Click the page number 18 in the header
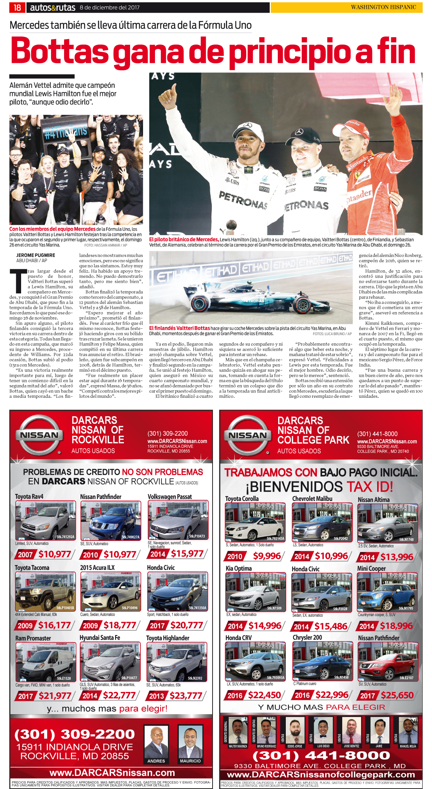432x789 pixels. pos(17,7)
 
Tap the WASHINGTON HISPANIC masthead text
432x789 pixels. pos(383,7)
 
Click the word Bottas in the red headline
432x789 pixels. pos(60,51)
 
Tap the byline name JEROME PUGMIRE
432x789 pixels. pos(36,255)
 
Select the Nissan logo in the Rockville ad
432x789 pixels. pos(39,435)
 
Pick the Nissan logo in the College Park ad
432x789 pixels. pos(247,435)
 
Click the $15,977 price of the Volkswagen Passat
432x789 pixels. pos(187,553)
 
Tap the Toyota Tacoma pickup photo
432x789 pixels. pos(45,591)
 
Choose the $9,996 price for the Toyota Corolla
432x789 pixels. pos(267,556)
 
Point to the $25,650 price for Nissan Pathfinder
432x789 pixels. pos(397,695)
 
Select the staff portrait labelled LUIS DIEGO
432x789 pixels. pos(323,730)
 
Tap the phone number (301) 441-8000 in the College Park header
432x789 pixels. pos(377,434)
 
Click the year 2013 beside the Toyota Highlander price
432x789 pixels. pos(157,696)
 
